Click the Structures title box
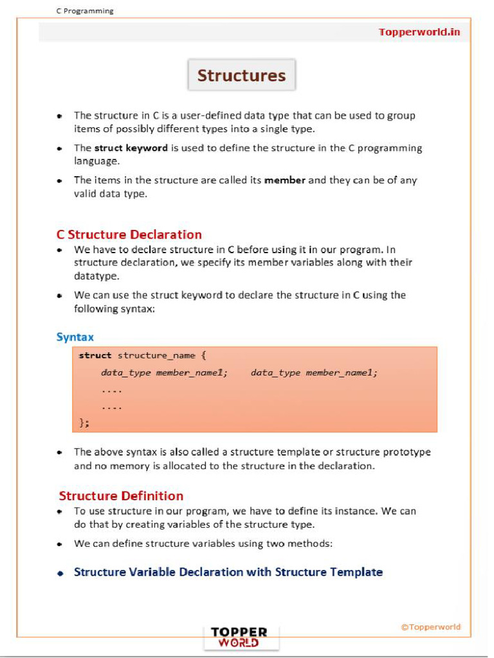pos(241,76)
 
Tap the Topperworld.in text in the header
pos(419,32)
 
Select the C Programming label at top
pos(84,11)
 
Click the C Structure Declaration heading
pos(129,235)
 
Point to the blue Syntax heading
pos(75,337)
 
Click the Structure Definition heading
pos(121,495)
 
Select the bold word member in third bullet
pos(284,180)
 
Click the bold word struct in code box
pos(95,355)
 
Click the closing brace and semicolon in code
pos(84,422)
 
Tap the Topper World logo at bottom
pos(239,637)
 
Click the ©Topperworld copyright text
pos(430,627)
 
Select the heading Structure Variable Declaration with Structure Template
pos(228,572)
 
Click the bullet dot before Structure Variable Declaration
pos(60,573)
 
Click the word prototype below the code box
pos(407,452)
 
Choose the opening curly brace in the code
pos(203,355)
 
